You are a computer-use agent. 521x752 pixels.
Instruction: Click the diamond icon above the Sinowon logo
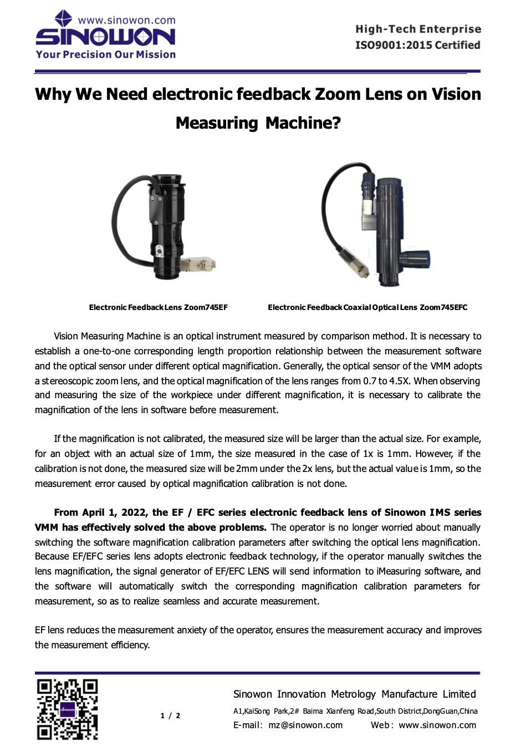tap(63, 18)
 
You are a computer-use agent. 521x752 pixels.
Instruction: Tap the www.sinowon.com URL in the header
tap(126, 21)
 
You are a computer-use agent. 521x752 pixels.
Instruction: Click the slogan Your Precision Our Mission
tap(106, 54)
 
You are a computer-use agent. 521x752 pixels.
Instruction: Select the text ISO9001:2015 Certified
tap(417, 45)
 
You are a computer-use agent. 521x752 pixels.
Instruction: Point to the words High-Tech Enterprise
tap(418, 29)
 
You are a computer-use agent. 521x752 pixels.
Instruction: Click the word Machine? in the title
tap(303, 123)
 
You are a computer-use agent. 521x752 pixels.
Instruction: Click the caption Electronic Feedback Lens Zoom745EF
tap(158, 307)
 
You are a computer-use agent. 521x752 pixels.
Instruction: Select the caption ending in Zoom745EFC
tap(367, 307)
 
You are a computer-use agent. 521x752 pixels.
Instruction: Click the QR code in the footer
tap(67, 709)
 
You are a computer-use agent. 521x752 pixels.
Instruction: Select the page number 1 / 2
tap(170, 715)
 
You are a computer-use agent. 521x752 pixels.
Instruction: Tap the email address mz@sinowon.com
tap(305, 725)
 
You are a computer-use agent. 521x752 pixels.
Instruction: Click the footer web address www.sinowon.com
tap(437, 725)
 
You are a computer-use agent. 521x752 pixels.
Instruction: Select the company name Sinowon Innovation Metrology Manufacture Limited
tap(354, 694)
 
